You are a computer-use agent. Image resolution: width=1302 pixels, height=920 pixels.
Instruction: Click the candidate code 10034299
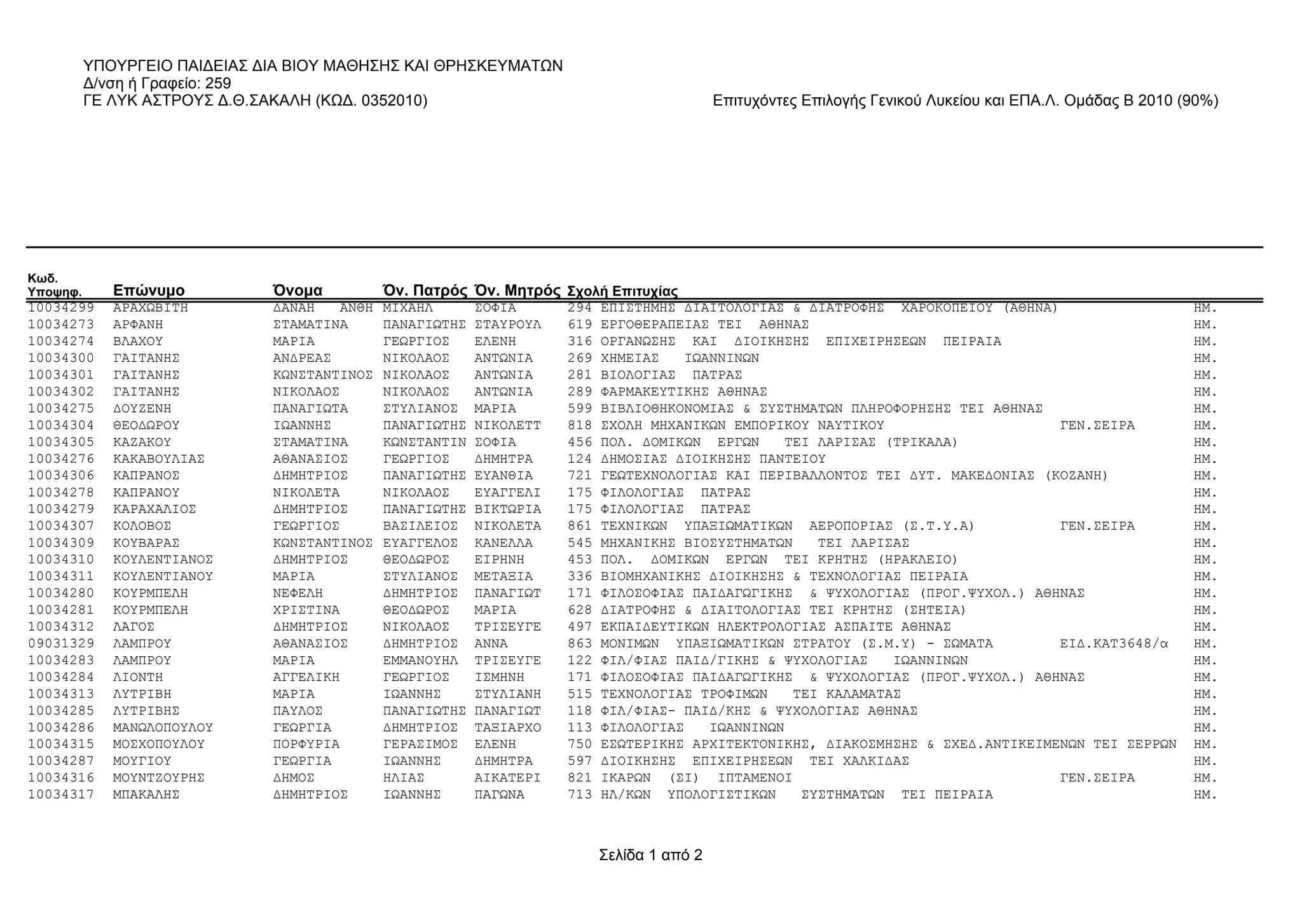click(x=61, y=308)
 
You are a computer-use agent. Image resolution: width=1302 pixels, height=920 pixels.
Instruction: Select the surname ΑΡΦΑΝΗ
click(x=138, y=325)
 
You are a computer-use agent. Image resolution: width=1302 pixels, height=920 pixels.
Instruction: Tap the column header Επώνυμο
click(x=149, y=291)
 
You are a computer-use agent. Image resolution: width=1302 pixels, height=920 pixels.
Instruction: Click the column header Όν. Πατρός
click(x=425, y=291)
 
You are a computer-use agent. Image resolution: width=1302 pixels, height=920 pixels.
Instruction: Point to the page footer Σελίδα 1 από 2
click(x=650, y=855)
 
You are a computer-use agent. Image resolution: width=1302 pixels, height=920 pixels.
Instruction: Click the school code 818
click(x=579, y=425)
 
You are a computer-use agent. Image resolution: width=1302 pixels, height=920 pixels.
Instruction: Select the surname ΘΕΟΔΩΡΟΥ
click(x=146, y=425)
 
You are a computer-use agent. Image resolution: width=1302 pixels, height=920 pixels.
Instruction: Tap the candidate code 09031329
click(x=61, y=643)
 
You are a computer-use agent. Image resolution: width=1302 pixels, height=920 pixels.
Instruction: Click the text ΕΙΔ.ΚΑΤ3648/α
click(x=1114, y=643)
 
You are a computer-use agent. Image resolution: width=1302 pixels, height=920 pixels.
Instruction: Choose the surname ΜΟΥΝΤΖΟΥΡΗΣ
click(x=159, y=778)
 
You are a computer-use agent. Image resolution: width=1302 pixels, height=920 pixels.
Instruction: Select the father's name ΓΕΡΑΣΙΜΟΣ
click(x=420, y=745)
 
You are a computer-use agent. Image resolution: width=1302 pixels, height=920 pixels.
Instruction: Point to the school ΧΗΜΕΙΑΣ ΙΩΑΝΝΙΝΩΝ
click(x=679, y=359)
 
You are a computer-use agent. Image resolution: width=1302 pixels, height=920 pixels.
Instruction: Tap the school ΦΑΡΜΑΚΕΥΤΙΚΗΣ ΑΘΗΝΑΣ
click(x=683, y=392)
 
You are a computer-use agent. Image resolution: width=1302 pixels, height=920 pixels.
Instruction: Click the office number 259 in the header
click(x=218, y=83)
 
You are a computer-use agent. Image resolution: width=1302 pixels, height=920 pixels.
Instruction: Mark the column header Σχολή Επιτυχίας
click(x=622, y=291)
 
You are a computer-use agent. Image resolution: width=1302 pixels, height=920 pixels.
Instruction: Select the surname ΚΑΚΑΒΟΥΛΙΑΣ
click(x=159, y=459)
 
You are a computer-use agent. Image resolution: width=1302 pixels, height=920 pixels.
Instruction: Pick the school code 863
click(x=579, y=643)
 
